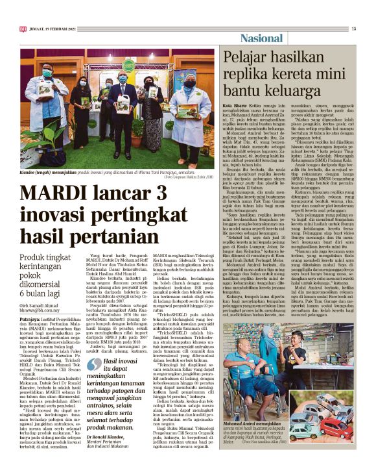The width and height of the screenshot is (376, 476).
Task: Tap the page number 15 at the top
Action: (354, 29)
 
